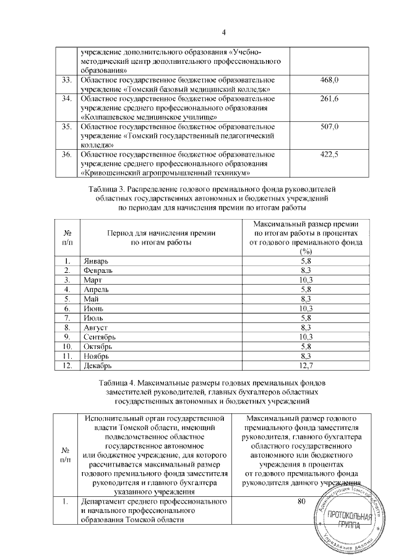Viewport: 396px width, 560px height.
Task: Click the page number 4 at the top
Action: [225, 33]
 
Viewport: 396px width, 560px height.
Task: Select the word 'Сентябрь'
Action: [99, 337]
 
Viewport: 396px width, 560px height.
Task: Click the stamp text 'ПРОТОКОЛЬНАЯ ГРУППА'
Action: [350, 520]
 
